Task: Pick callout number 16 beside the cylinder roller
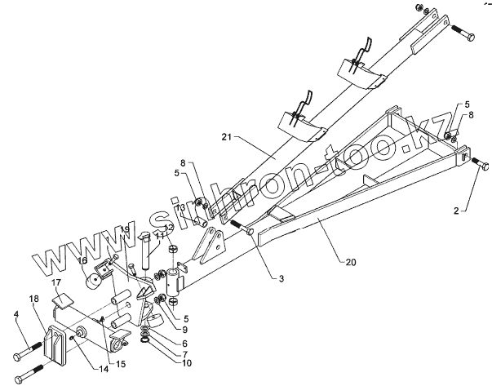82,261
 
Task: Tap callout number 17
57,283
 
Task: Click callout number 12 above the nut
169,228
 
